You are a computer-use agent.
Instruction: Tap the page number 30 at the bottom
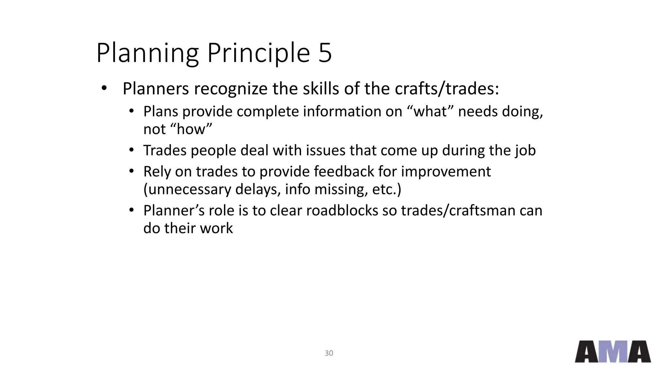click(329, 353)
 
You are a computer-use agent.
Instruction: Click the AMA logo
click(613, 352)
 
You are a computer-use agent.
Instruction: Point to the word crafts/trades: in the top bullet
click(447, 89)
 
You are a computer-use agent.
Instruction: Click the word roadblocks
click(342, 211)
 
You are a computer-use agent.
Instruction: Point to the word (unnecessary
click(187, 189)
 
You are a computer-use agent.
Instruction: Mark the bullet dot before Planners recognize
click(103, 88)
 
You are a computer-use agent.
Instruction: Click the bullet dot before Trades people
click(131, 150)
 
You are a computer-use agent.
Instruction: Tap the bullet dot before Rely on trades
click(131, 171)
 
